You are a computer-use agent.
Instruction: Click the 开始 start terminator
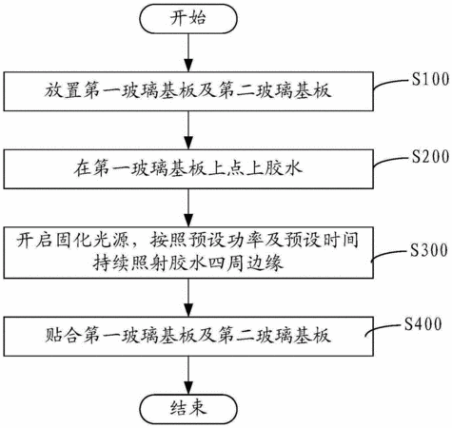pos(188,18)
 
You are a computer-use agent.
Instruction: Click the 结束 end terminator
pos(188,409)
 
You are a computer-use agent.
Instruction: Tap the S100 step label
pos(430,79)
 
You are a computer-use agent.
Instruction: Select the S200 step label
pos(430,156)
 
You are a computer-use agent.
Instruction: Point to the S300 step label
pos(429,250)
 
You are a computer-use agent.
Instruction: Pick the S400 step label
pos(423,324)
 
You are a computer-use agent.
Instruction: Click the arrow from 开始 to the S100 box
pos(188,52)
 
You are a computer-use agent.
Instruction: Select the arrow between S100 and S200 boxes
pos(188,130)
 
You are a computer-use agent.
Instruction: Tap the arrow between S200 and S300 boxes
pos(188,208)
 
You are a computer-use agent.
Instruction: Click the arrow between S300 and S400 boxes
pos(188,298)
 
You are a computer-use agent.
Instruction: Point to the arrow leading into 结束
pos(188,376)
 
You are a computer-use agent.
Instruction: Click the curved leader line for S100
pos(391,83)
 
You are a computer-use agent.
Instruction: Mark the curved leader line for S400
pos(383,328)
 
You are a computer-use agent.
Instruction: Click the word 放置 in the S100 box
pos(63,90)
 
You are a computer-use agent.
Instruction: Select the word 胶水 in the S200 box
pos(285,168)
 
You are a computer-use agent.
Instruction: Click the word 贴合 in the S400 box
pos(63,336)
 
